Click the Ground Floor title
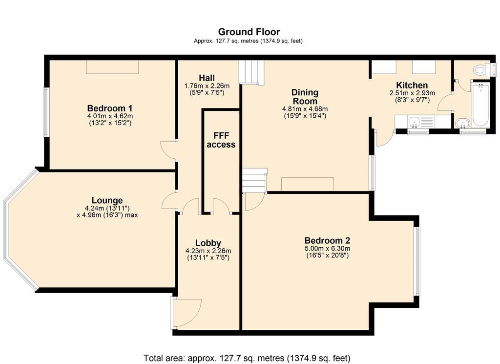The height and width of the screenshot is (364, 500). pyautogui.click(x=249, y=32)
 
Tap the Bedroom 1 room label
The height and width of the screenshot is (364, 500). pyautogui.click(x=110, y=108)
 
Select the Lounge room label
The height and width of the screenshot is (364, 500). pyautogui.click(x=107, y=200)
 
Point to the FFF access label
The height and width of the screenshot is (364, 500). pyautogui.click(x=221, y=140)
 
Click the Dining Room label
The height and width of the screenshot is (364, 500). pyautogui.click(x=305, y=97)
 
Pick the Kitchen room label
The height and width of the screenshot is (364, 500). pyautogui.click(x=412, y=85)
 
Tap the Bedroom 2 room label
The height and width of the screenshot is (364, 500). pyautogui.click(x=327, y=240)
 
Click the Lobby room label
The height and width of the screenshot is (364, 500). pyautogui.click(x=208, y=243)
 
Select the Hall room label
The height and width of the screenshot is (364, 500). pyautogui.click(x=207, y=78)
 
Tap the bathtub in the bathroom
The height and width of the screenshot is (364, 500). pyautogui.click(x=480, y=105)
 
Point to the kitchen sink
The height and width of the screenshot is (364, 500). pyautogui.click(x=415, y=121)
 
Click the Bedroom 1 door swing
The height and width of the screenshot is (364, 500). pyautogui.click(x=168, y=150)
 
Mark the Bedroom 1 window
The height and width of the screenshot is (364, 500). pyautogui.click(x=46, y=112)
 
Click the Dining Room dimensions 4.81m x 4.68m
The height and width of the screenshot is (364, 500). pyautogui.click(x=305, y=109)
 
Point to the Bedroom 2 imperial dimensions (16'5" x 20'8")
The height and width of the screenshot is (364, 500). pyautogui.click(x=327, y=255)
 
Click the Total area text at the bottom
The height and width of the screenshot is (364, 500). pyautogui.click(x=247, y=358)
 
